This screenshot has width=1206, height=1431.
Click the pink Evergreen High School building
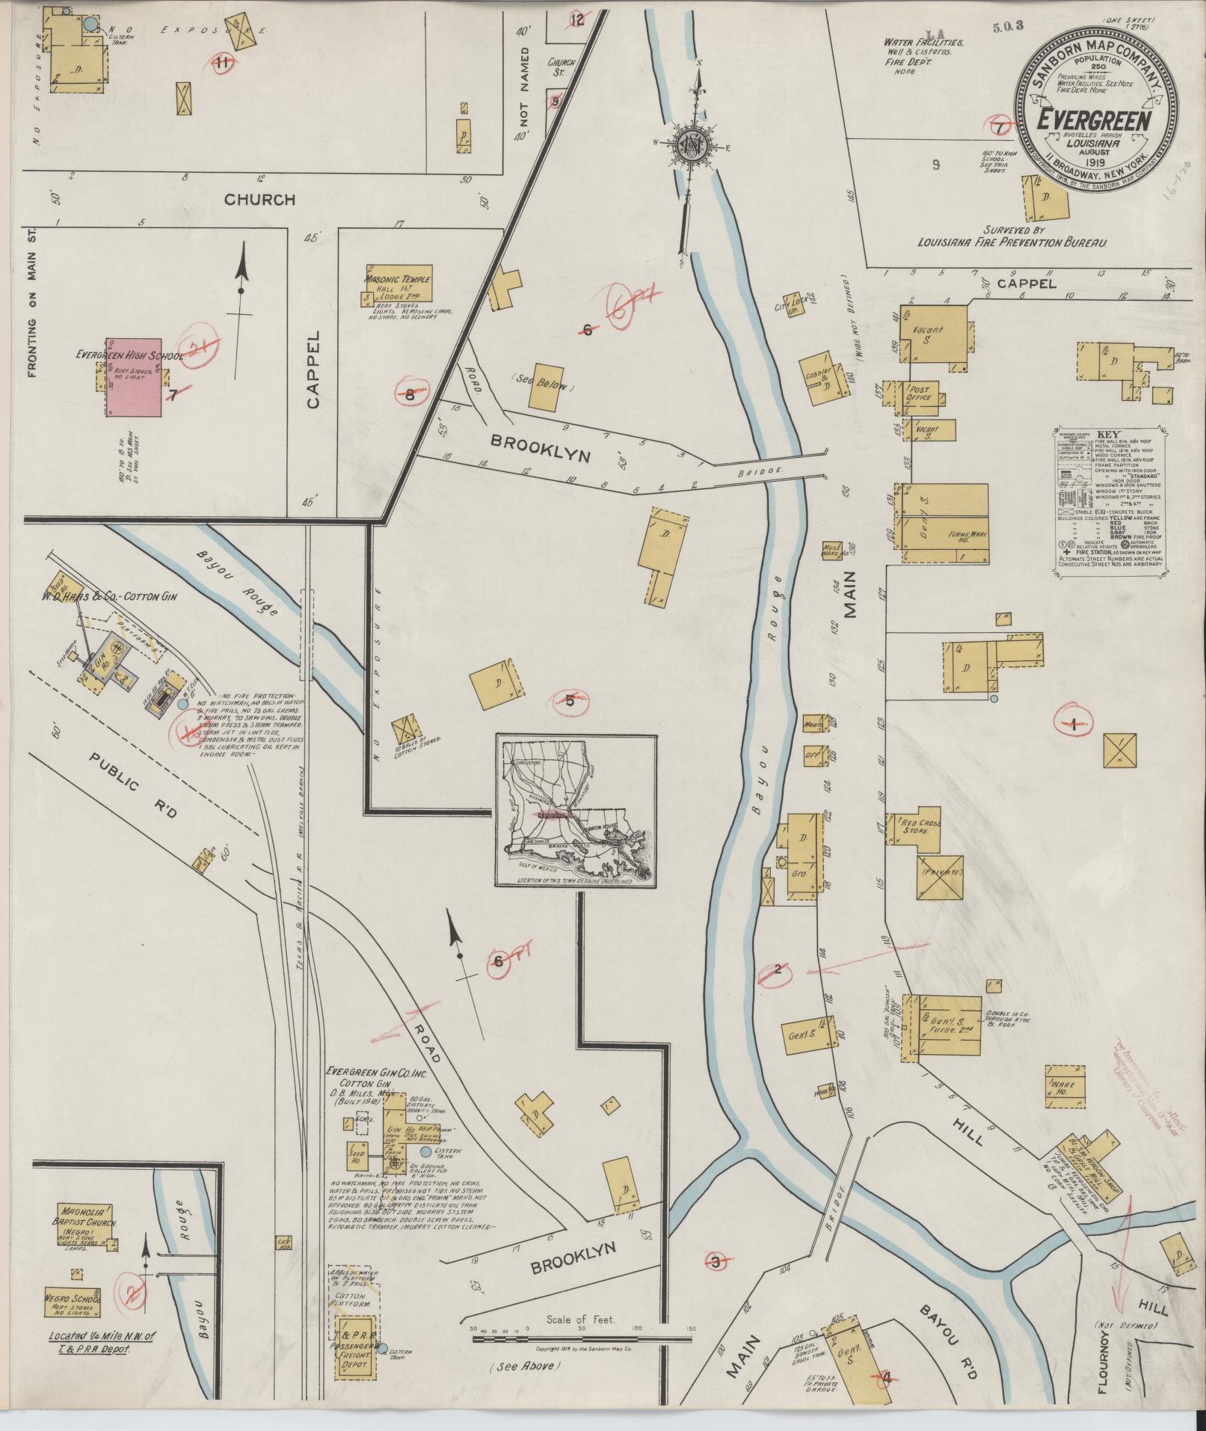point(133,377)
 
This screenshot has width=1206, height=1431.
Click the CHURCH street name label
point(259,200)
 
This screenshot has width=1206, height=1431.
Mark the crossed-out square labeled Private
point(941,875)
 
